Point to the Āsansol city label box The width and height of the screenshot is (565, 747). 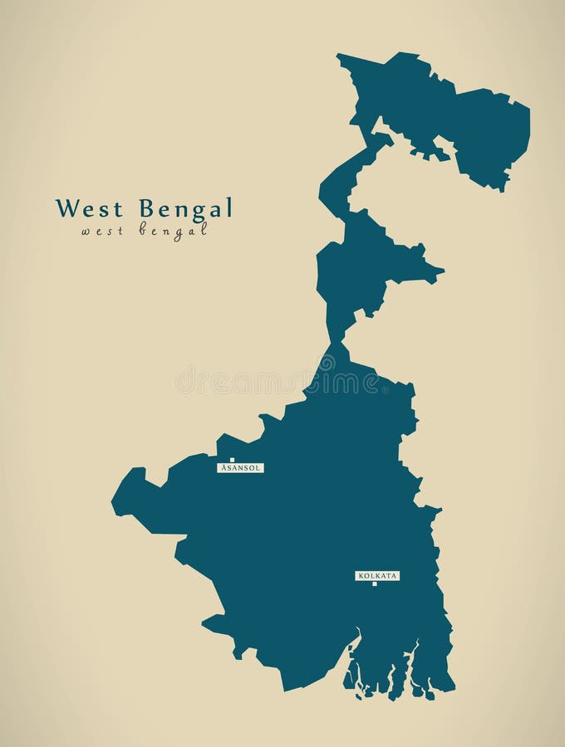[x=240, y=468]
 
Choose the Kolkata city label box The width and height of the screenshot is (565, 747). [x=377, y=575]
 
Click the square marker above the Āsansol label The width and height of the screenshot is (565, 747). [x=233, y=459]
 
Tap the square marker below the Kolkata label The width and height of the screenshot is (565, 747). [x=374, y=583]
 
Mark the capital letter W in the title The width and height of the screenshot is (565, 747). [x=64, y=207]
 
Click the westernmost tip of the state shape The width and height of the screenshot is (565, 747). [x=113, y=500]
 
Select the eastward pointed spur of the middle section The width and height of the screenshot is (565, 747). [x=440, y=270]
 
